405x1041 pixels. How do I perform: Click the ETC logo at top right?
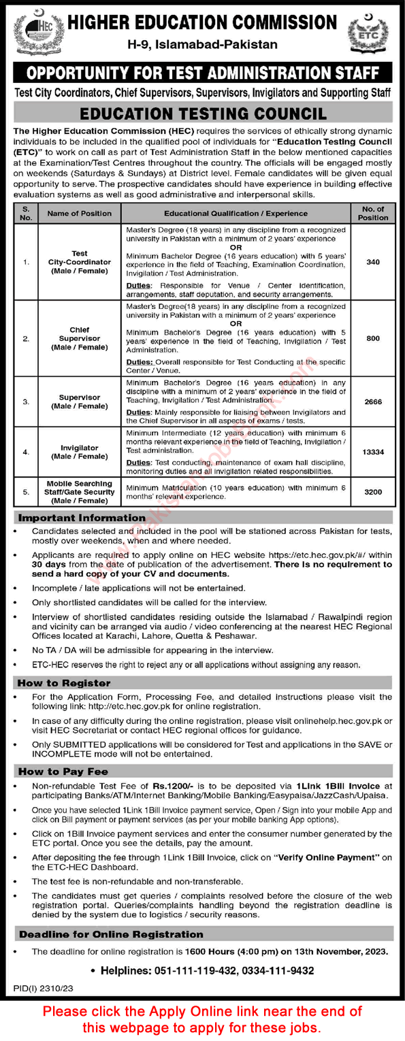coord(367,31)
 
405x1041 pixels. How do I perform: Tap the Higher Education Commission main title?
coord(203,22)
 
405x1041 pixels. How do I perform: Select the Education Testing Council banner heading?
coord(203,114)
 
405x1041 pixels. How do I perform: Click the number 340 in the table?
coord(372,262)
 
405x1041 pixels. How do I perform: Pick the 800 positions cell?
coord(372,338)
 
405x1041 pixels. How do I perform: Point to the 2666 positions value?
coord(372,402)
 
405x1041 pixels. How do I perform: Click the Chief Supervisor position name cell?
coord(79,338)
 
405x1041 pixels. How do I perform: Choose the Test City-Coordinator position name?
coord(79,262)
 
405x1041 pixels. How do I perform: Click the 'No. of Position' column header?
coord(372,213)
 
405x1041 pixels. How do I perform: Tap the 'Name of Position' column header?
coord(79,213)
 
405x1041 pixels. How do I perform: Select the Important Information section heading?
coord(81,518)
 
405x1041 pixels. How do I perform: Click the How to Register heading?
coord(64,682)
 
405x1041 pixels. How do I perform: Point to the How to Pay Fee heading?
coord(63,771)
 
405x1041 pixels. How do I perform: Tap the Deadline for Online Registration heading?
coord(111,934)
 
